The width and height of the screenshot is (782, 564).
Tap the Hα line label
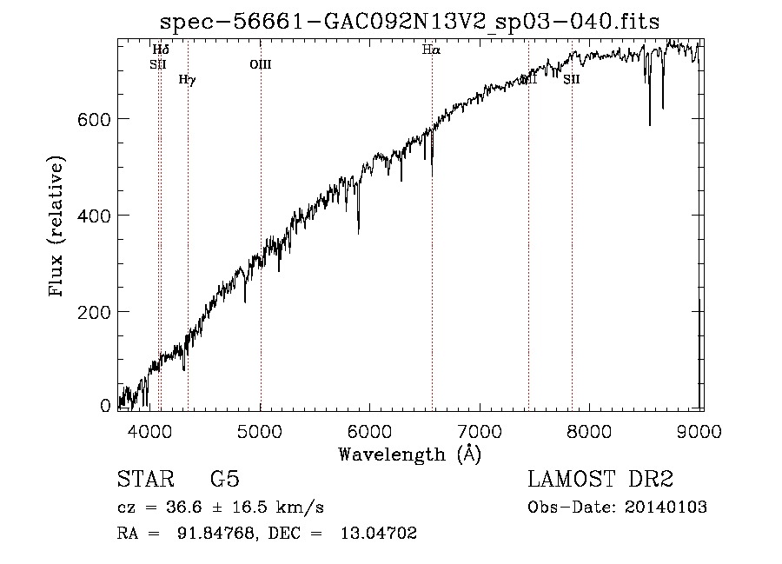click(431, 50)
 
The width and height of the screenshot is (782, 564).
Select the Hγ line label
click(187, 80)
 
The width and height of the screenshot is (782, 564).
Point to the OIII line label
click(261, 63)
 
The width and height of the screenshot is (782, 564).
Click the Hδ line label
click(161, 50)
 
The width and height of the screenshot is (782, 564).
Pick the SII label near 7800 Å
click(571, 79)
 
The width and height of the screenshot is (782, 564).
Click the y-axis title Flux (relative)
click(58, 228)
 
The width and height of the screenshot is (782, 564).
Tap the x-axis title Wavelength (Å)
click(409, 454)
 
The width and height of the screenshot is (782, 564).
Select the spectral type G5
click(225, 480)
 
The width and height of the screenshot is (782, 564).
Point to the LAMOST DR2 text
click(600, 480)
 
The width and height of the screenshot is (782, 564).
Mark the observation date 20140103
click(665, 508)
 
